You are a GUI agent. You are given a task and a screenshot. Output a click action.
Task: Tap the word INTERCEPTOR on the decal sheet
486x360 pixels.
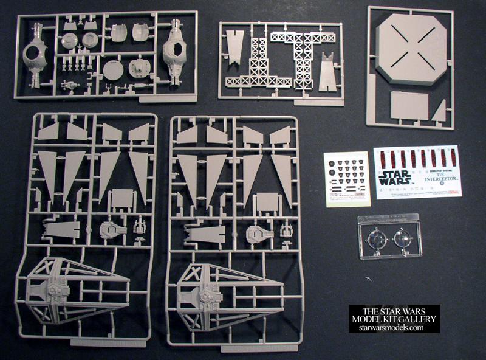click(437, 181)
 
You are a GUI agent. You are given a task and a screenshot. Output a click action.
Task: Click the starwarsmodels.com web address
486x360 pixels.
click(394, 328)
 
